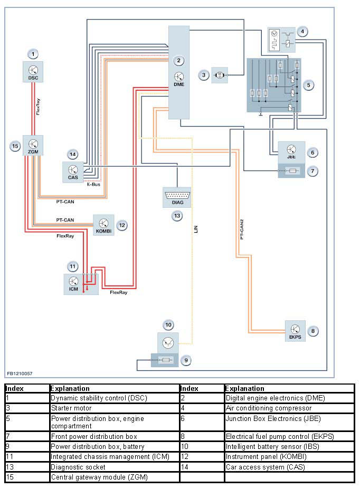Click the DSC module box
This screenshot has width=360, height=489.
(x=33, y=72)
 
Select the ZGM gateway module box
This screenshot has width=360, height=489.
(x=33, y=145)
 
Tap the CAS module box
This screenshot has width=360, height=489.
(x=72, y=171)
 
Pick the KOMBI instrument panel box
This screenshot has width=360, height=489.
(x=104, y=224)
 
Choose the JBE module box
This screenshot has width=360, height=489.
(x=291, y=152)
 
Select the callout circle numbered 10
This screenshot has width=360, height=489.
(x=168, y=324)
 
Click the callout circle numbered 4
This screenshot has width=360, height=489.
(x=302, y=31)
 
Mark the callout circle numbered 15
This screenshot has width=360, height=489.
(x=15, y=146)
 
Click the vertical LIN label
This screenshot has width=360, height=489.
(x=196, y=230)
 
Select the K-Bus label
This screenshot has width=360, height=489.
(x=93, y=185)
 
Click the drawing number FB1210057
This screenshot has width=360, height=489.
(x=20, y=373)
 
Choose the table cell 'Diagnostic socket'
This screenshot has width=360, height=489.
(x=78, y=467)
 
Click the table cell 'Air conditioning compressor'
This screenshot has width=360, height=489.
(x=268, y=408)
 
